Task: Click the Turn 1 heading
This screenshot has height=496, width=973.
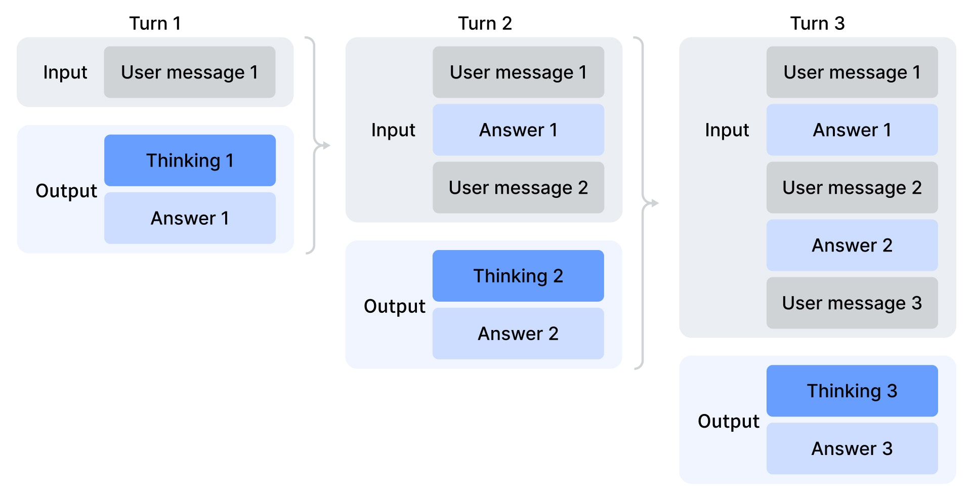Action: pyautogui.click(x=155, y=23)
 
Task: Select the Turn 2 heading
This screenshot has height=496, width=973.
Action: pyautogui.click(x=485, y=23)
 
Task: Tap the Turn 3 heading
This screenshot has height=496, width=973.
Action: pyautogui.click(x=817, y=23)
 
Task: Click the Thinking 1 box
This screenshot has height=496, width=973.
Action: pyautogui.click(x=190, y=160)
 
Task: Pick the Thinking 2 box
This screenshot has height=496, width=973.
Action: pyautogui.click(x=518, y=276)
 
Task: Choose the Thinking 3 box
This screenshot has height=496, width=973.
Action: pyautogui.click(x=852, y=391)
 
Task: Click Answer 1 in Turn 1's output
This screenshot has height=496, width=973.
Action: pyautogui.click(x=190, y=218)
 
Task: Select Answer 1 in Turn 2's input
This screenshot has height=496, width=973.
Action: pyautogui.click(x=518, y=130)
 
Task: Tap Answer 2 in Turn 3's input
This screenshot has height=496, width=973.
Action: pyautogui.click(x=852, y=245)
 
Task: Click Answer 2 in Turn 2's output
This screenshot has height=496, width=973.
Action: pyautogui.click(x=518, y=334)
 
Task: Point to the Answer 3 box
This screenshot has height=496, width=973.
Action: pyautogui.click(x=852, y=448)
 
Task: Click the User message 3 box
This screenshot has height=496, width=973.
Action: pyautogui.click(x=852, y=303)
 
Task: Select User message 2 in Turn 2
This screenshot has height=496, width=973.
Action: pyautogui.click(x=518, y=188)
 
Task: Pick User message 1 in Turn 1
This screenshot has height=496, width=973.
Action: pyautogui.click(x=190, y=72)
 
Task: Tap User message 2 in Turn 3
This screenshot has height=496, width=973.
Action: pyautogui.click(x=852, y=188)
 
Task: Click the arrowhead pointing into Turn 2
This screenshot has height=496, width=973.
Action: pyautogui.click(x=326, y=146)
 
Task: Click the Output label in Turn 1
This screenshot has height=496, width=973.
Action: pyautogui.click(x=66, y=191)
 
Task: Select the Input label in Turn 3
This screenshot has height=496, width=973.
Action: pyautogui.click(x=727, y=130)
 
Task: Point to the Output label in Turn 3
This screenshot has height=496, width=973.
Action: pyautogui.click(x=728, y=421)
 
